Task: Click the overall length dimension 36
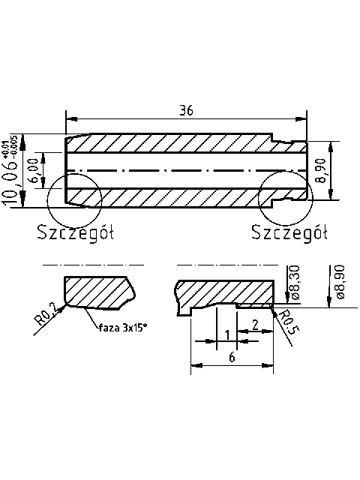click(187, 109)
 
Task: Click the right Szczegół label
click(290, 232)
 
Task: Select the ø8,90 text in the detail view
click(340, 283)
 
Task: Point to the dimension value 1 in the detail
click(226, 334)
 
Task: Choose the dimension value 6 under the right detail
click(232, 358)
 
